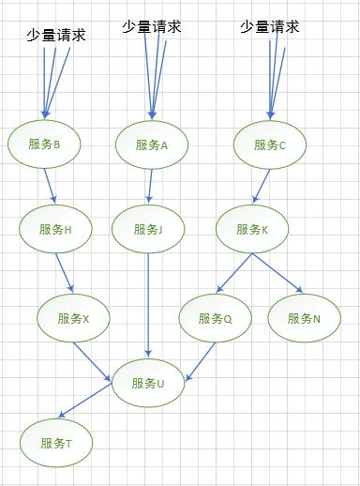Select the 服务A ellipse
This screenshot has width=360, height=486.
[152, 144]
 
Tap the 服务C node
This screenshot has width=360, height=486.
[270, 144]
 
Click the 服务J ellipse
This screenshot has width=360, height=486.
[148, 229]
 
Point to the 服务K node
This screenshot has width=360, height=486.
[252, 229]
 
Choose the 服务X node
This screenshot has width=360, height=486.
[73, 318]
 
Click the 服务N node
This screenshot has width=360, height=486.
[304, 318]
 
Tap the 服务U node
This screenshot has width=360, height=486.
[149, 383]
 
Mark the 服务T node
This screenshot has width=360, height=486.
[56, 443]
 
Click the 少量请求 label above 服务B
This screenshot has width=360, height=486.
[56, 37]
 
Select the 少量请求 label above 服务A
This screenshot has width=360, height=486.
[151, 26]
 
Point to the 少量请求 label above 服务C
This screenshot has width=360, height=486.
[269, 26]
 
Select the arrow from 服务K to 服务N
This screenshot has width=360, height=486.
[277, 272]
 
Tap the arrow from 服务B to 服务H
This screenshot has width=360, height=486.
[50, 185]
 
